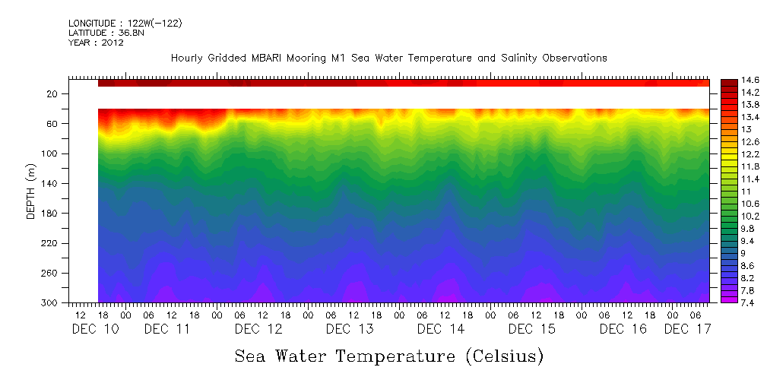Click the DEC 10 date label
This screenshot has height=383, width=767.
pos(94,329)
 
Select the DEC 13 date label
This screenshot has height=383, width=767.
pos(350,329)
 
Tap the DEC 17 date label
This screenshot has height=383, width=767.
pos(687,329)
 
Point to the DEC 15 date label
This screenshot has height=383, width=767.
pos(532,329)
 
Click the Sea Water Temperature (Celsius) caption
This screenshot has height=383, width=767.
pos(389,356)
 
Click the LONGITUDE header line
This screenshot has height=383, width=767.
pos(125,23)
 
